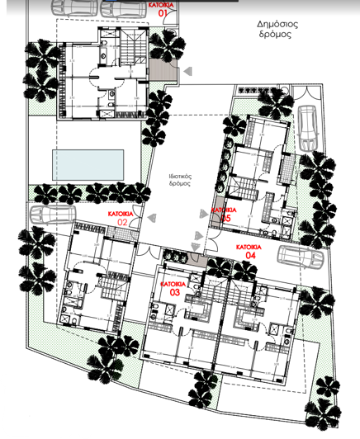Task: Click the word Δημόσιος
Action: click(275, 25)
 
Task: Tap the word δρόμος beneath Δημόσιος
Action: click(275, 37)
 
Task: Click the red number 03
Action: click(175, 293)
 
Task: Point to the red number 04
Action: click(250, 257)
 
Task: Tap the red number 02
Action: click(121, 222)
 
